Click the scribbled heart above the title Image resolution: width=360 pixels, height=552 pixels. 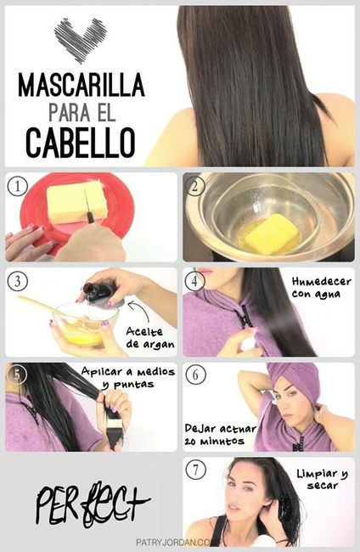[x=82, y=38]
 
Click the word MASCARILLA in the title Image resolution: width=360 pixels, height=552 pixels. [x=81, y=86]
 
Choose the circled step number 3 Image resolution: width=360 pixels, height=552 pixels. [x=17, y=281]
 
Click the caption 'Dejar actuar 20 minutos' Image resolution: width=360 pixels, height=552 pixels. [x=217, y=435]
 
